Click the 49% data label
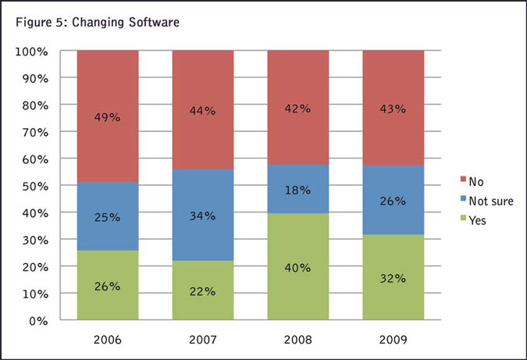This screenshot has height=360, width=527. [x=109, y=118]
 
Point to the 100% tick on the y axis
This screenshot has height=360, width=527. [x=32, y=52]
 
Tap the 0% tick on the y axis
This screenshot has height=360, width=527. [x=38, y=320]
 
